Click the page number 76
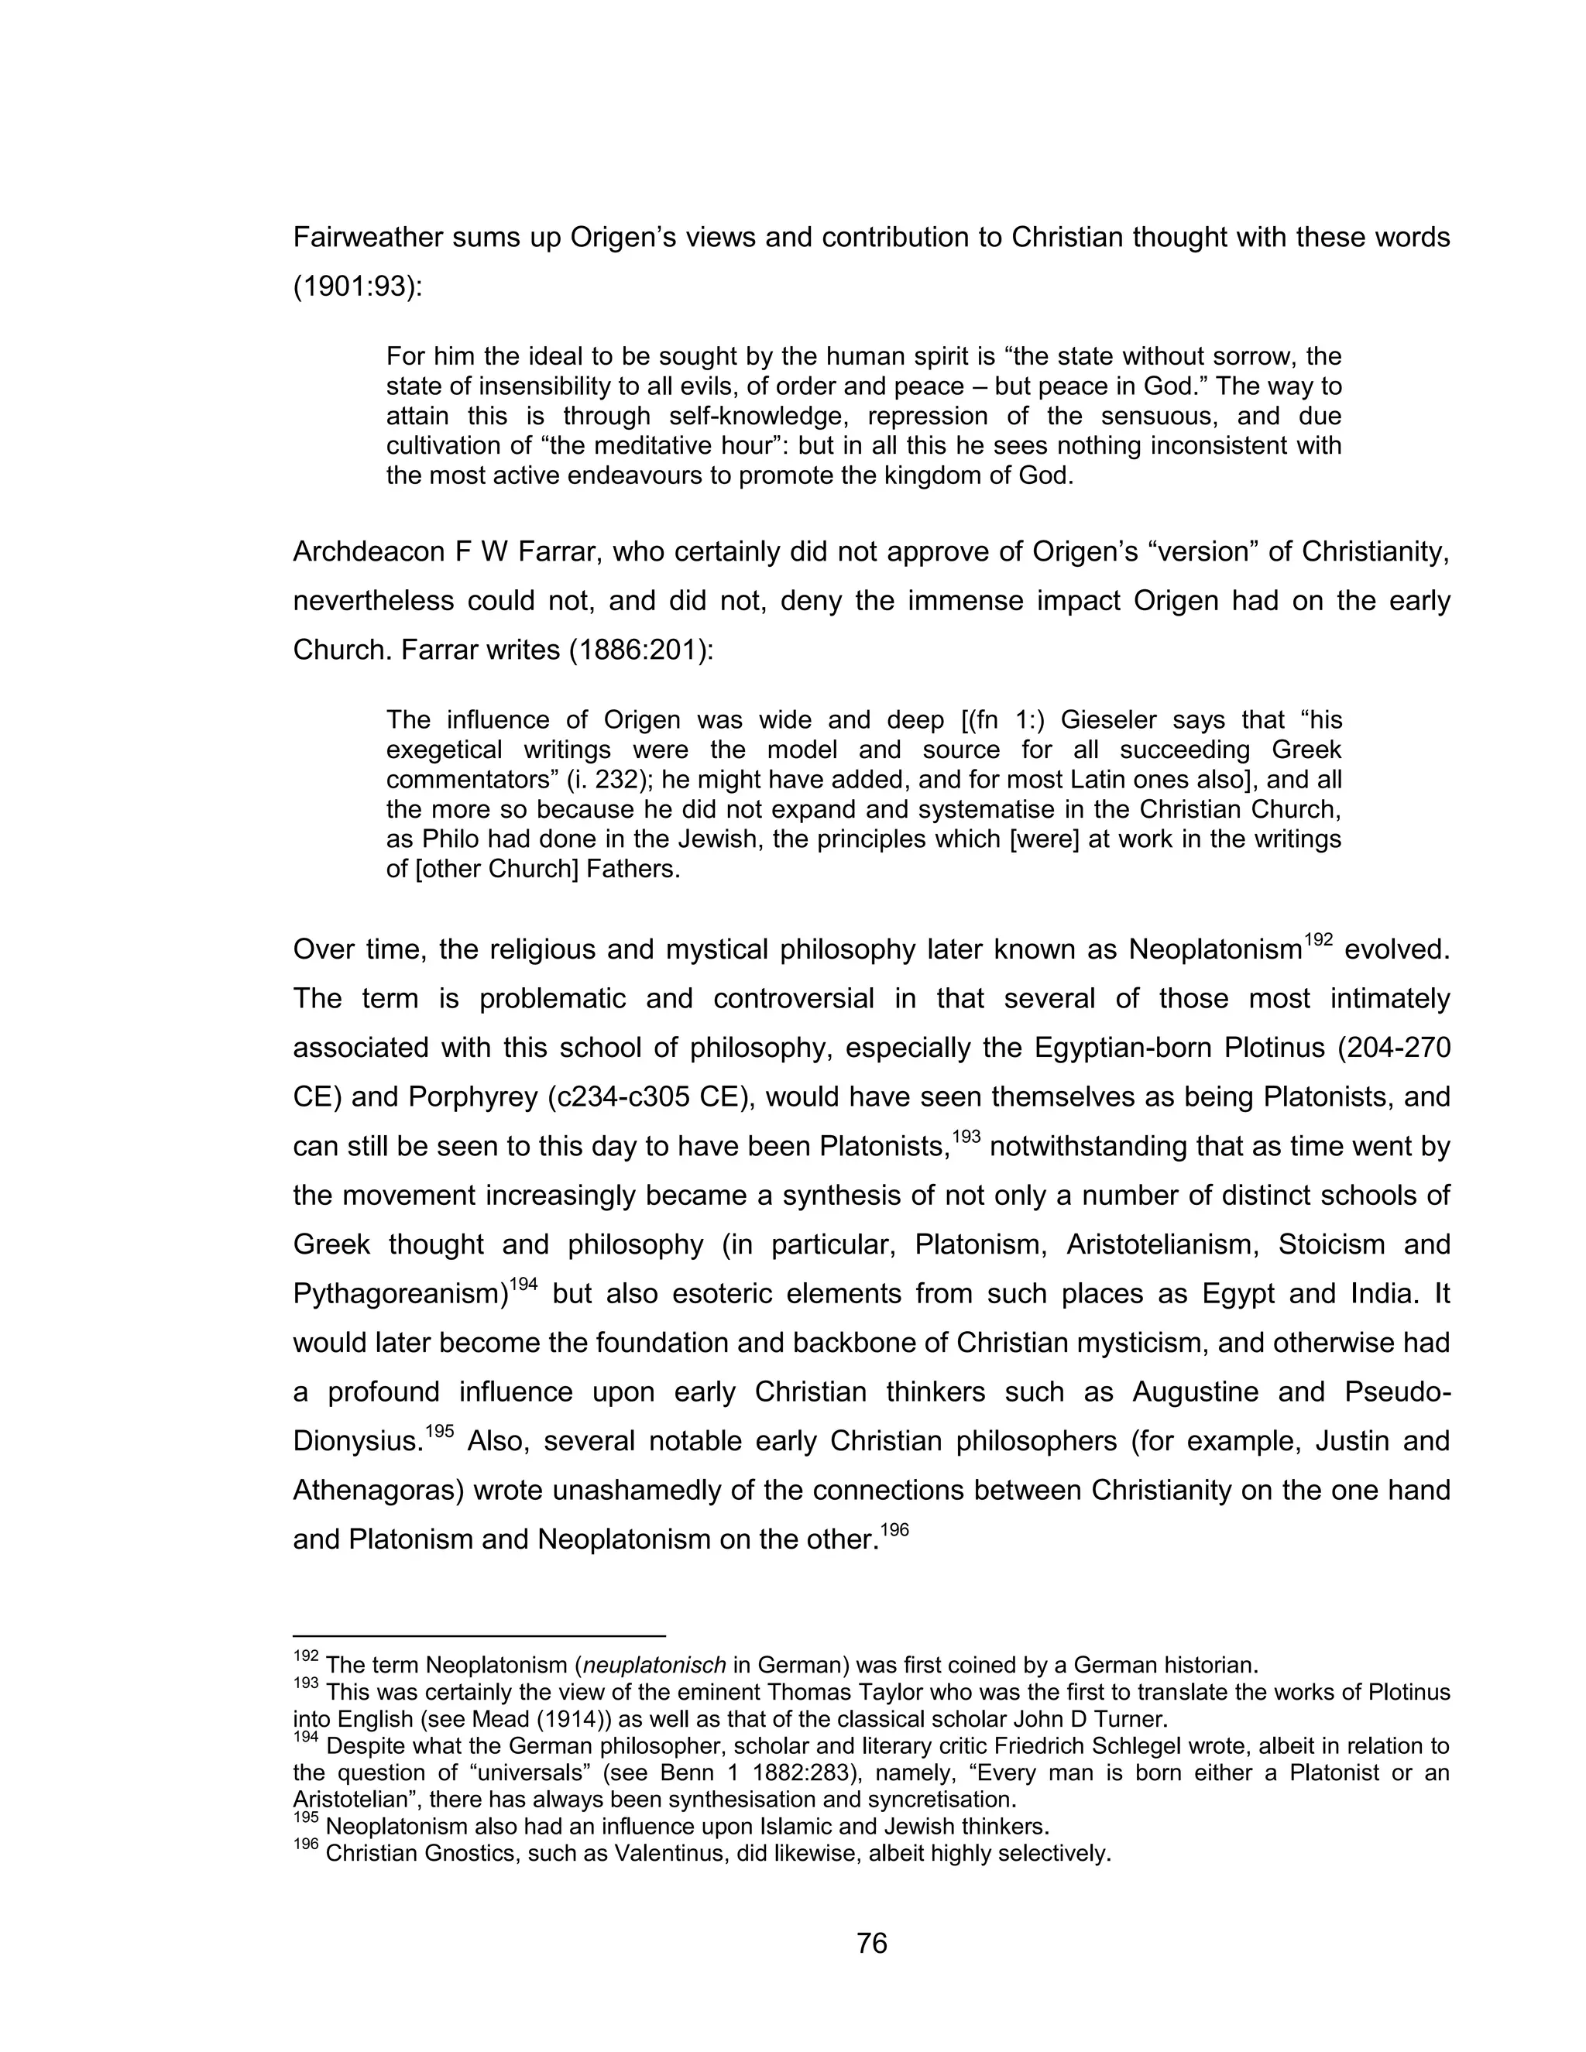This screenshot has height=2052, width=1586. click(871, 1943)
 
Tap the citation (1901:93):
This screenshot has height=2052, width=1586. click(358, 287)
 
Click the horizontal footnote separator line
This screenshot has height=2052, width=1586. click(479, 1635)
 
